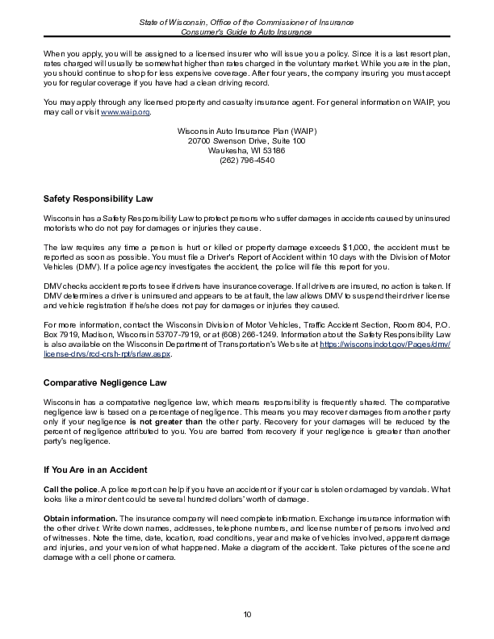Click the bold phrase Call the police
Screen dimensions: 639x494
(x=67, y=489)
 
